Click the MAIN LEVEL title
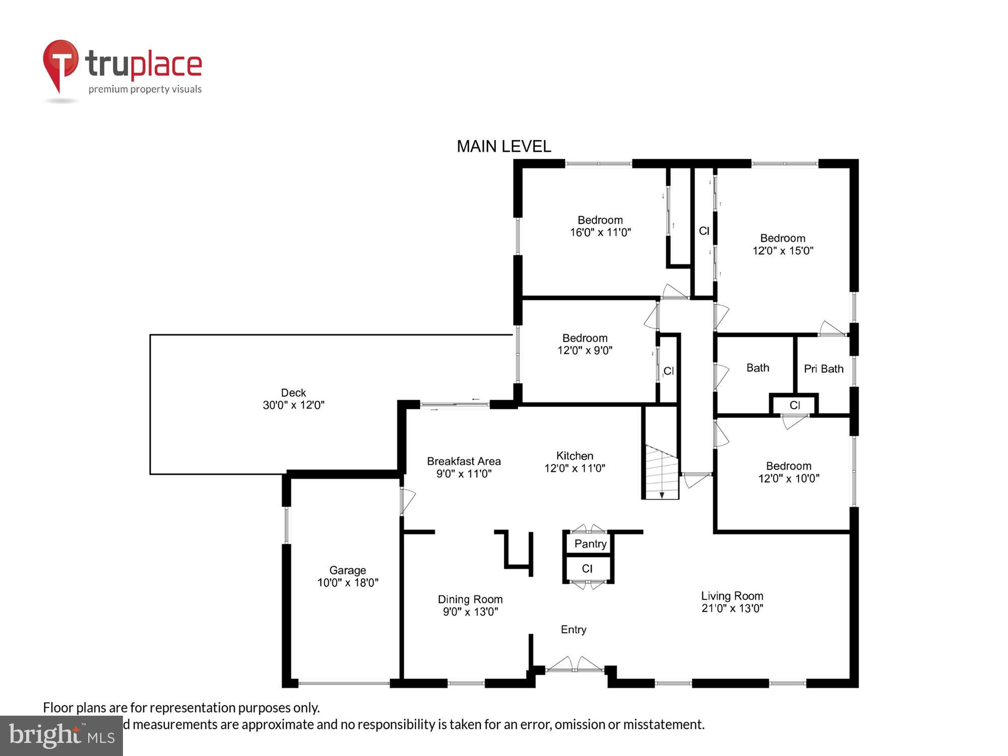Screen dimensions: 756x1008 tap(503, 147)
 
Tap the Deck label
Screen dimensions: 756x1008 tap(293, 393)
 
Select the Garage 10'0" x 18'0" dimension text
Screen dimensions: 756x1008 tap(347, 583)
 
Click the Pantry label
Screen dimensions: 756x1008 tap(590, 544)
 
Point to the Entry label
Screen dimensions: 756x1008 tap(574, 629)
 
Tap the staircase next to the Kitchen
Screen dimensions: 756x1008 tap(661, 472)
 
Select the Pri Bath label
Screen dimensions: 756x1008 tap(824, 369)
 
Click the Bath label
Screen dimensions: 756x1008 tap(758, 368)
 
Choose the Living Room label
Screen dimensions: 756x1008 tap(732, 596)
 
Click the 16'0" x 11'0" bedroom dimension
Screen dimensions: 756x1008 tap(600, 232)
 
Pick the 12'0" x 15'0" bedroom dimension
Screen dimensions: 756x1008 tap(783, 250)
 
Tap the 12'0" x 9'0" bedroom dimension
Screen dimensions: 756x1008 tap(585, 350)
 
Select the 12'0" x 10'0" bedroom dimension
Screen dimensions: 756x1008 tap(789, 478)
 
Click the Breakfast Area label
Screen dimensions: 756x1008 tap(464, 461)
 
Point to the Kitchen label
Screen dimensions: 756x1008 tap(575, 456)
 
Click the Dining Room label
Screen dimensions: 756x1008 tap(470, 599)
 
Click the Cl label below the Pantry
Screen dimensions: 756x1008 tap(587, 569)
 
